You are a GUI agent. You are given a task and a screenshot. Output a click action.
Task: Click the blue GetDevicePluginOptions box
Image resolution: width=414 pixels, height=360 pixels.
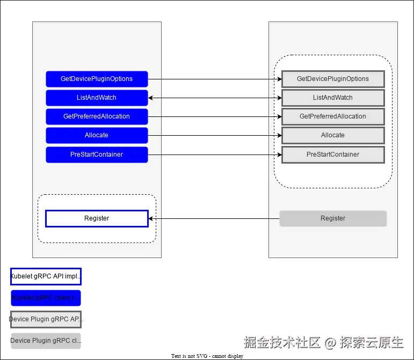coord(97,79)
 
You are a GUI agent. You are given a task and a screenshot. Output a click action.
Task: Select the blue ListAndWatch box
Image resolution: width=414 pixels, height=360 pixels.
coord(97,98)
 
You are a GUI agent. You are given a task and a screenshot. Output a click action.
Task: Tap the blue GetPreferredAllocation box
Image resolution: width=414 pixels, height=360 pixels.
coord(97,116)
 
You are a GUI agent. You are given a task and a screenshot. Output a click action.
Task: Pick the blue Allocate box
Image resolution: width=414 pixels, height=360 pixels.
coord(97,135)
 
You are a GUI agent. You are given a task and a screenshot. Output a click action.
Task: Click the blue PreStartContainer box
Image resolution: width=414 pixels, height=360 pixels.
coord(97,155)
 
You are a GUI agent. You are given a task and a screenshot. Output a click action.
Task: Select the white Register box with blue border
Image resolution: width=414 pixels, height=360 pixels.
coord(97,218)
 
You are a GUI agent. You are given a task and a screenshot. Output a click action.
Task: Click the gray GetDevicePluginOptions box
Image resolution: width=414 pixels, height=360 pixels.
coord(333,79)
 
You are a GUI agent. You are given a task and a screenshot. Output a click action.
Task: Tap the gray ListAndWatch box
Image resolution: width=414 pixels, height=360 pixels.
coord(333,98)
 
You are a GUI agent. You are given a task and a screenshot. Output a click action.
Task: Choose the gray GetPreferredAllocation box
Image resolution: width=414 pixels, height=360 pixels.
coord(333,116)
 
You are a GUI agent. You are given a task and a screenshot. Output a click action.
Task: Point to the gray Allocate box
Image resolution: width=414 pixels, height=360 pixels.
coord(333,135)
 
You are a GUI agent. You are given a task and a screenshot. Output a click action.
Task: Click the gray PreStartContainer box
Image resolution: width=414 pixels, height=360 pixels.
coord(333,155)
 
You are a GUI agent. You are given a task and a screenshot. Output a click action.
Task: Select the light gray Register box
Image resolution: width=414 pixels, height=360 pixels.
coord(333,218)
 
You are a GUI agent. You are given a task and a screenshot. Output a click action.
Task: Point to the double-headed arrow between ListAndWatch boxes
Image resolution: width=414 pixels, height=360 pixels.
coord(215,98)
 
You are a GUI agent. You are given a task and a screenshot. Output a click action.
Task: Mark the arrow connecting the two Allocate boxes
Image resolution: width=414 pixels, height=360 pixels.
coord(215,135)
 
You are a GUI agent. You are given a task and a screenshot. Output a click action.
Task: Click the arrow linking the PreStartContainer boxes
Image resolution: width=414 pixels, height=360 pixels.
coord(215,155)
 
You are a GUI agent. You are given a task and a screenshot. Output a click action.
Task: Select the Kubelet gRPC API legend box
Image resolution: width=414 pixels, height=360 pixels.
coord(46,276)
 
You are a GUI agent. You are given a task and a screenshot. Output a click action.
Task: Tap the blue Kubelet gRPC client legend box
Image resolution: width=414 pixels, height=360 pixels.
coord(46,298)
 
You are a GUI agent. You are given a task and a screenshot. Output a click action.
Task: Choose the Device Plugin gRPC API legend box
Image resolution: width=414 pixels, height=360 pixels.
coord(46,319)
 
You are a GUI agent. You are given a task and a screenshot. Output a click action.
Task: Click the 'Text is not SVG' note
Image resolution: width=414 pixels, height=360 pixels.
coord(207,356)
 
